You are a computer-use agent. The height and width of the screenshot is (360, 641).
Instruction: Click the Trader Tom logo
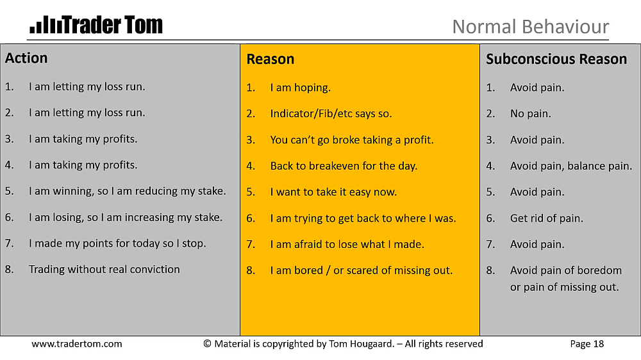pos(96,24)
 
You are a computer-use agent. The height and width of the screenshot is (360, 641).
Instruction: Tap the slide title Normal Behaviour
pos(531,27)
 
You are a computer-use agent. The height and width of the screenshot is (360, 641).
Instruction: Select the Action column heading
pos(26,58)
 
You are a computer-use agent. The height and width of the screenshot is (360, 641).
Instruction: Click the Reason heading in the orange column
pos(271,59)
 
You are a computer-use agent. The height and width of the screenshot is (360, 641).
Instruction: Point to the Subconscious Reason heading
pos(556,59)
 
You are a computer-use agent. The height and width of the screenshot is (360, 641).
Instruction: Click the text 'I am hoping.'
pos(301,88)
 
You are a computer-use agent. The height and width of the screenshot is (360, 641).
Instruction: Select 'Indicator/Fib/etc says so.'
pos(331,113)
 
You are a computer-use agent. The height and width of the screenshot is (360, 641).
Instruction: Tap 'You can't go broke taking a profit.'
pos(352,140)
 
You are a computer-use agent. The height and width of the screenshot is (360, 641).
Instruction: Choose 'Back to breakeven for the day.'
pos(344,166)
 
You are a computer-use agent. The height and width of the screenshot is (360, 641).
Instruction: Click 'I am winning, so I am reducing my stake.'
pos(127,192)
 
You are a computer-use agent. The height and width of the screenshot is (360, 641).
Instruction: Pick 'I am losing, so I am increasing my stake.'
pos(126,217)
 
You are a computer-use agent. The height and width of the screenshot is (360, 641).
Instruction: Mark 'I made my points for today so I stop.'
pos(117,243)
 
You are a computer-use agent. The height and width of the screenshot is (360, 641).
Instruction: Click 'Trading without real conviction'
pos(104,269)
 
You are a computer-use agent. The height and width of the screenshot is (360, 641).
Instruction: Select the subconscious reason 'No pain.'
pos(531,113)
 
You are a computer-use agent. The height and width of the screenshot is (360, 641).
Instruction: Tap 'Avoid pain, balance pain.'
pos(571,166)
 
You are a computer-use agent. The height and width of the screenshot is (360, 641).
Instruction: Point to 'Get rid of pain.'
pos(547,218)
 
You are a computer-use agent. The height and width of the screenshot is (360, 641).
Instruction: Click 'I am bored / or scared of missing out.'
pos(362,270)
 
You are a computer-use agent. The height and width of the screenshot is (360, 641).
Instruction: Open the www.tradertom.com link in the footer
pos(77,344)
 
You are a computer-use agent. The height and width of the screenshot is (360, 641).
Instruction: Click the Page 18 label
pos(587,344)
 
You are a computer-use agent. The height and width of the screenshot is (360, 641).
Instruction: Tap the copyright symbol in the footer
pos(207,344)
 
